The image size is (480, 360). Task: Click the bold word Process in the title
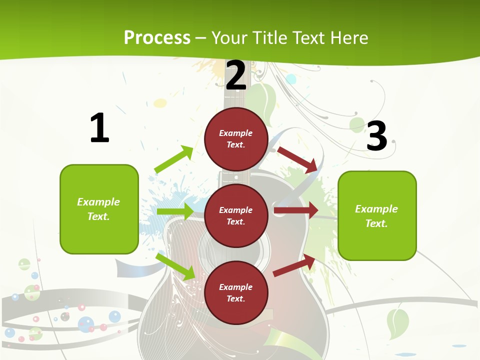[x=157, y=38]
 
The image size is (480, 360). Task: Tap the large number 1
[x=99, y=128]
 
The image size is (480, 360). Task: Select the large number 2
[x=236, y=75]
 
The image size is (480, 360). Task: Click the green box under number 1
[x=99, y=209]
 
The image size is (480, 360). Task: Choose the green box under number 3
[x=377, y=215]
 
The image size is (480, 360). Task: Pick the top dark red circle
[x=236, y=139]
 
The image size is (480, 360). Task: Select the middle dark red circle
[x=236, y=215]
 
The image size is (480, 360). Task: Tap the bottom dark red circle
[x=236, y=292]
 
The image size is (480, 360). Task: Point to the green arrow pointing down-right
[x=175, y=266]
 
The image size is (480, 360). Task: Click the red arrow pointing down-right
[x=297, y=159]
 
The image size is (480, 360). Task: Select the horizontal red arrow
[x=295, y=210]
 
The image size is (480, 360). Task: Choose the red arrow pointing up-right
[x=294, y=265]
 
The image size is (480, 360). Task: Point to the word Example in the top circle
[x=236, y=133]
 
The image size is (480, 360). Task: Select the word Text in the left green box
[x=98, y=216]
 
